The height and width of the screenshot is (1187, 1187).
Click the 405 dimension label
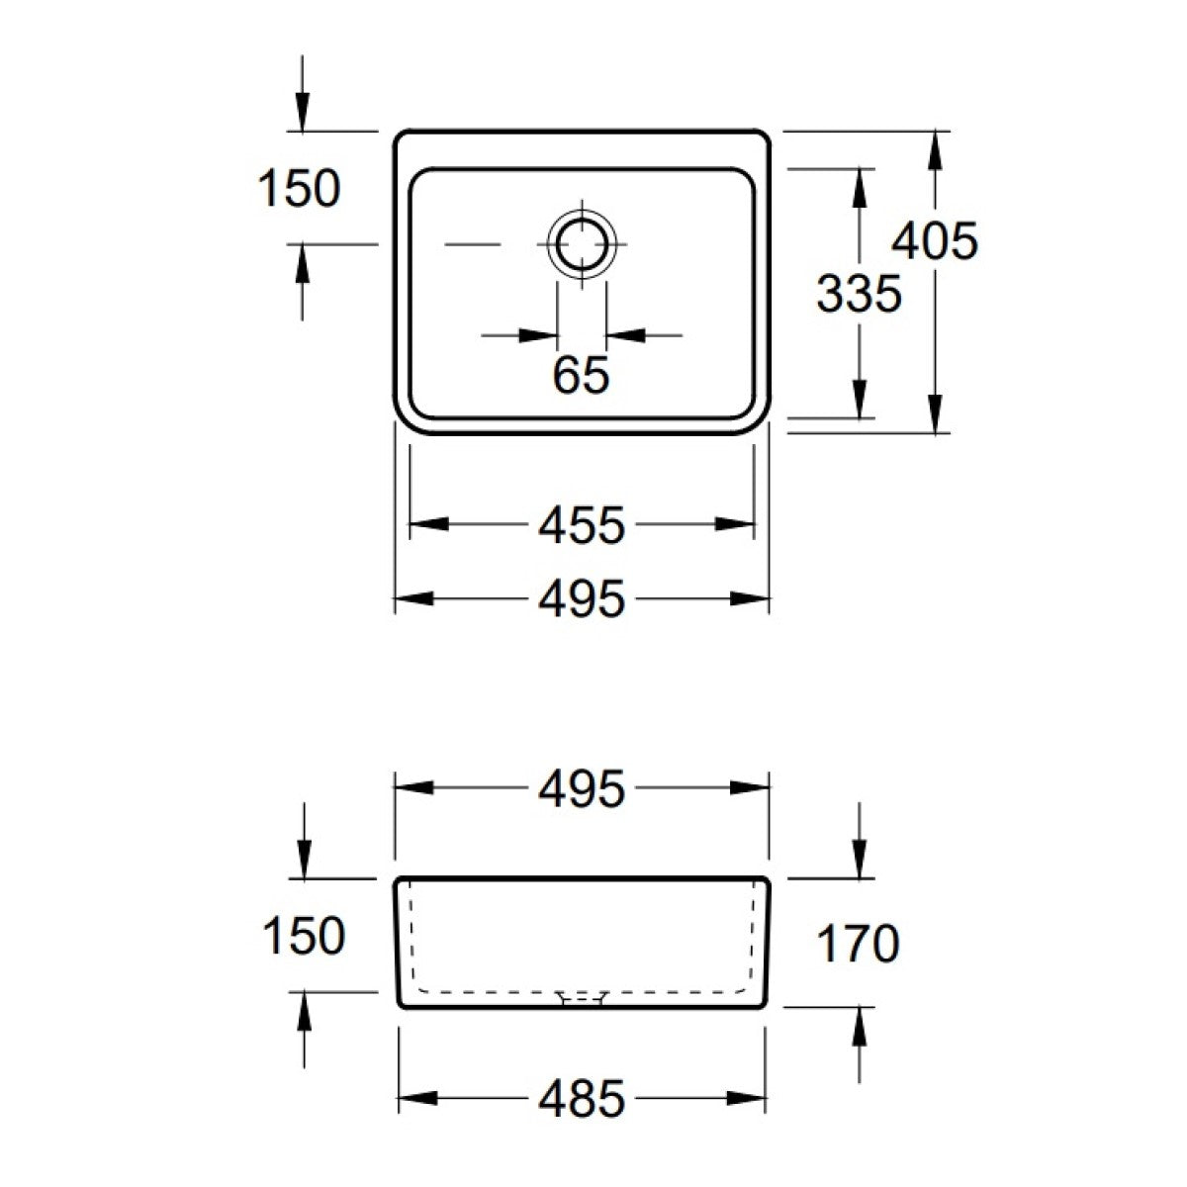(934, 241)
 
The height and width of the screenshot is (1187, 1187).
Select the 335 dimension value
(860, 293)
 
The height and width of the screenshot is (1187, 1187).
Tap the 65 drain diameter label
(582, 375)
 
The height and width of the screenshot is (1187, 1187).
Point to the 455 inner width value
(582, 525)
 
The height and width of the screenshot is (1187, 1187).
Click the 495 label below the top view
(582, 598)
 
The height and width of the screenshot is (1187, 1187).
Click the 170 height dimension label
(858, 943)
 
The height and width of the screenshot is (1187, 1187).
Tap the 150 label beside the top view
(300, 189)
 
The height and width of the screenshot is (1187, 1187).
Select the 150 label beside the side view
(304, 936)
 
